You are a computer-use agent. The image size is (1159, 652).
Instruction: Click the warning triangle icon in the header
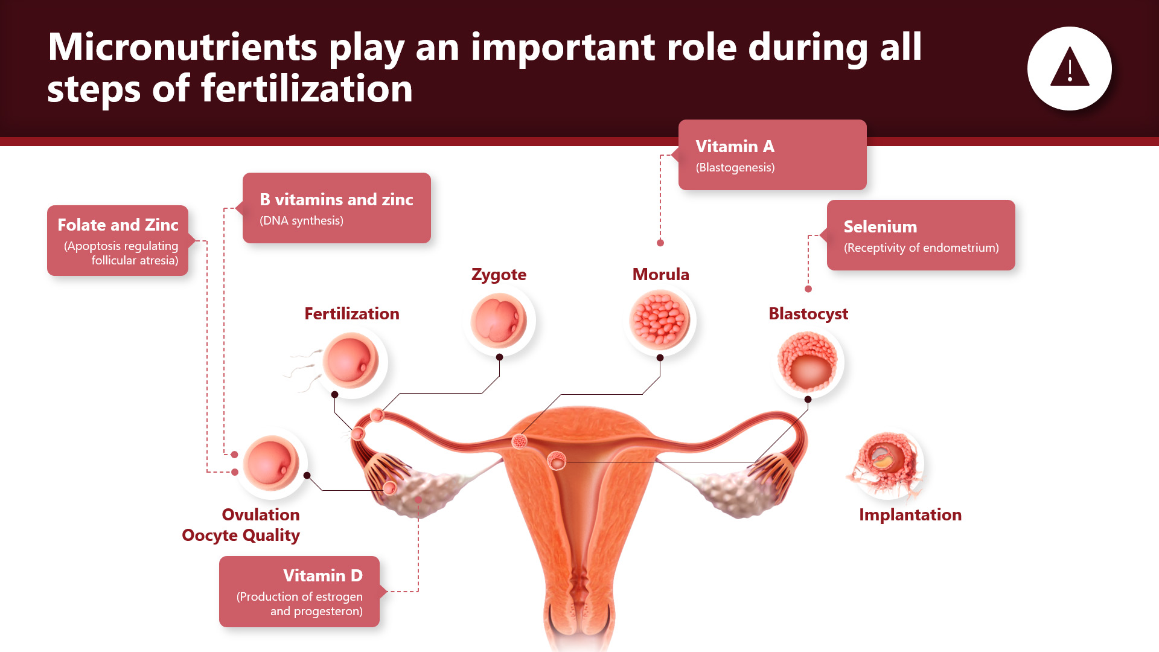pyautogui.click(x=1070, y=67)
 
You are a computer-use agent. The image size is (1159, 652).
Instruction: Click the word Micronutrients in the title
pyautogui.click(x=182, y=47)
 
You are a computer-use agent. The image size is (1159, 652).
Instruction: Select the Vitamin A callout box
pyautogui.click(x=772, y=155)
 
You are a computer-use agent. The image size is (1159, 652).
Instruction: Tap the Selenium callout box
pyautogui.click(x=921, y=235)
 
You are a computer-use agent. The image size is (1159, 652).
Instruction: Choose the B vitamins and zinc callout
pyautogui.click(x=336, y=208)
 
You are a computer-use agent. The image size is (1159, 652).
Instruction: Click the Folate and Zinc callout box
pyautogui.click(x=118, y=240)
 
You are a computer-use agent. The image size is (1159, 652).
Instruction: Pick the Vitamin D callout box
pyautogui.click(x=299, y=592)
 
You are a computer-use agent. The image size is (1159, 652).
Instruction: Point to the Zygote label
pyautogui.click(x=499, y=275)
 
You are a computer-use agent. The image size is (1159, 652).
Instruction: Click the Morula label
pyautogui.click(x=660, y=274)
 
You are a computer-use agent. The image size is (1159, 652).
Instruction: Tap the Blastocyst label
pyautogui.click(x=808, y=314)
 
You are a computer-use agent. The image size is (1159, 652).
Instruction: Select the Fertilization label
pyautogui.click(x=352, y=314)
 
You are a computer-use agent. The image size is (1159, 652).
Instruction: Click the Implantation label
pyautogui.click(x=910, y=515)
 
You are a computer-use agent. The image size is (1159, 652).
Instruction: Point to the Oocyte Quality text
pyautogui.click(x=241, y=535)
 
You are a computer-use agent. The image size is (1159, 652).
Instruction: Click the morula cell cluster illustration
pyautogui.click(x=660, y=320)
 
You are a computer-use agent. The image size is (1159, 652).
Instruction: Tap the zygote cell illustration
pyautogui.click(x=499, y=321)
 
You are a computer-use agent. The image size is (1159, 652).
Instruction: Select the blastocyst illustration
pyautogui.click(x=808, y=363)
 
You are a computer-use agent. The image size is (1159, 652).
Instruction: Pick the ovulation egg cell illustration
pyautogui.click(x=271, y=463)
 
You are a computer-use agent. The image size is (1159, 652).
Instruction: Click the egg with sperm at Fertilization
pyautogui.click(x=351, y=362)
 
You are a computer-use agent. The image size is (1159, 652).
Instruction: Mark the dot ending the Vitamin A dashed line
pyautogui.click(x=660, y=243)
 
